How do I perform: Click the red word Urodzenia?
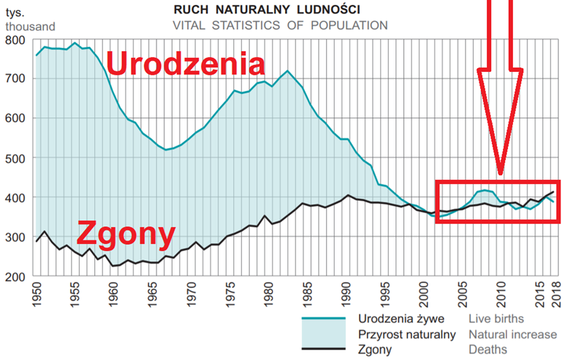[x=187, y=64]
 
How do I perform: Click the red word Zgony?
[x=125, y=234]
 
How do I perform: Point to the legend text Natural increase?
[x=512, y=334]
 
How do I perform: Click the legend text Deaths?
[x=488, y=349]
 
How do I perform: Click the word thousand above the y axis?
[x=30, y=27]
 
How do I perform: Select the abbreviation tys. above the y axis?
[x=16, y=13]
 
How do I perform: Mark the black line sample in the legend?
[x=324, y=349]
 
